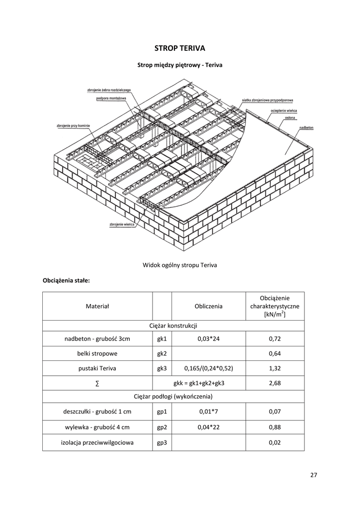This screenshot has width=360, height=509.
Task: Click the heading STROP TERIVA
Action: click(180, 48)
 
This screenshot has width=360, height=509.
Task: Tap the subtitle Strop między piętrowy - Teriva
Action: click(180, 65)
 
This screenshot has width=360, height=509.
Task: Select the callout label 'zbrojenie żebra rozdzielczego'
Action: click(109, 90)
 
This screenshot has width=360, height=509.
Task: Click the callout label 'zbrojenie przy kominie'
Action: click(73, 126)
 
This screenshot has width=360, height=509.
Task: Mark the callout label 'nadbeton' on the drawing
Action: click(306, 128)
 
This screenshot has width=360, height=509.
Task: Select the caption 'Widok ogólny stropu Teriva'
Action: click(180, 265)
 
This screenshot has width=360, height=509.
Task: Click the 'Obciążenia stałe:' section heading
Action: click(66, 280)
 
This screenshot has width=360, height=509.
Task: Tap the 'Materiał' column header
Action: click(97, 306)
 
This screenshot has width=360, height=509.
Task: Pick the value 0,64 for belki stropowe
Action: click(275, 353)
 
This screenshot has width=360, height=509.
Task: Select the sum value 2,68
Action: click(275, 383)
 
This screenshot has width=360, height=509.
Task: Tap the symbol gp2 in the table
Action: click(162, 427)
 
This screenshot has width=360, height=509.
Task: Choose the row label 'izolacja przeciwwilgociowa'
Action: click(97, 442)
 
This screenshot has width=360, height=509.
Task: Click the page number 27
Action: click(313, 475)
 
